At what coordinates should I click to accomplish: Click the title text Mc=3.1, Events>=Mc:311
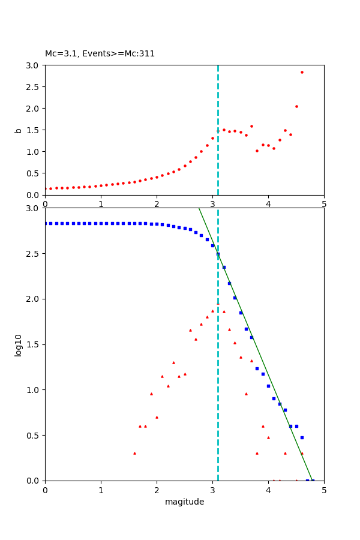100,53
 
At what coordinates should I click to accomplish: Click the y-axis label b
18,130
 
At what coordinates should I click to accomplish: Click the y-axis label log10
18,344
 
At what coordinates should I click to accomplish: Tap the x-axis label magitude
184,502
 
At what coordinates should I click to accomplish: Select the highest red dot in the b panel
302,72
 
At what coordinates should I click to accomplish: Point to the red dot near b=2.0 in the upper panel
296,106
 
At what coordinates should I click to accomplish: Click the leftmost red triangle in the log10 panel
134,453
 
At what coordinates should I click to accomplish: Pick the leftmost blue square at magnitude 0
46,223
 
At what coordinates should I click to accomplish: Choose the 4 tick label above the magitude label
268,490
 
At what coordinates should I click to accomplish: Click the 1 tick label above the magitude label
101,490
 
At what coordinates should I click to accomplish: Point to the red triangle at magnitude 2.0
157,417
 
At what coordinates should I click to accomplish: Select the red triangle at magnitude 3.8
257,453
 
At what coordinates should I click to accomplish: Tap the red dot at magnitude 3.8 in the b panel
257,151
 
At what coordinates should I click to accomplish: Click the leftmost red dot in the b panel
46,188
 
